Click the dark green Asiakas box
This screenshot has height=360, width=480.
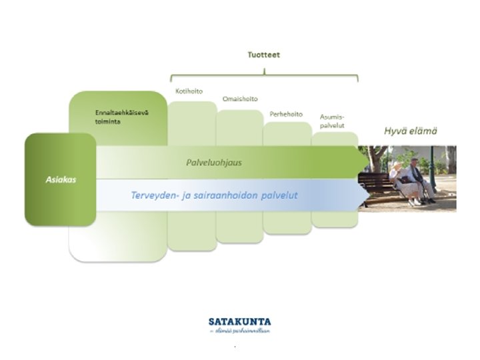click(x=60, y=179)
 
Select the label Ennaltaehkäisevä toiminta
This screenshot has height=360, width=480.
click(x=121, y=116)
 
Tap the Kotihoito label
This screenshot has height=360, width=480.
click(x=189, y=91)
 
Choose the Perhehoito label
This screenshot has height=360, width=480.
click(x=285, y=114)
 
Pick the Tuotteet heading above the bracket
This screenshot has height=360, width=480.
click(x=264, y=55)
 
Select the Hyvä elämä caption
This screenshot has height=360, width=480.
click(x=410, y=131)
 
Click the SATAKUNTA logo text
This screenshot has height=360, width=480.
click(x=240, y=321)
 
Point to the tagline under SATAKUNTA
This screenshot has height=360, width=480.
click(x=240, y=330)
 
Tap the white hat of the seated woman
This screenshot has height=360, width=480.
click(x=397, y=164)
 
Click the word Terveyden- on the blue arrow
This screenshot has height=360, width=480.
click(x=154, y=195)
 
